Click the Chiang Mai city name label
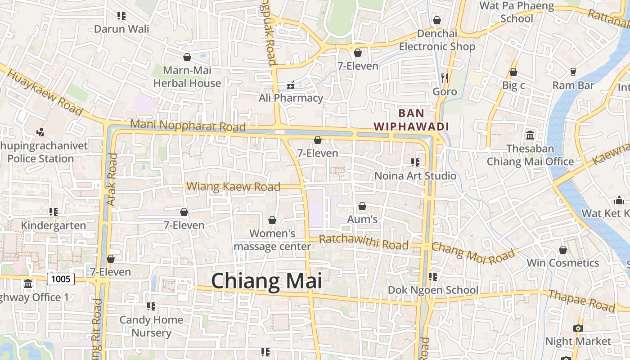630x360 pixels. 266,281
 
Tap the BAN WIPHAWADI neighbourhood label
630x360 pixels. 411,120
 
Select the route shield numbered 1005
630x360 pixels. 61,279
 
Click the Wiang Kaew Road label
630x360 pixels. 233,186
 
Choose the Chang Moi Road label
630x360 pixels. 473,255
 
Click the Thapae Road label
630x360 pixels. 581,301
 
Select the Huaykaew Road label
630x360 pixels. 45,92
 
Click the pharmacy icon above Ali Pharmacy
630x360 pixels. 291,85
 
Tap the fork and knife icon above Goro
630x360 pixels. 445,78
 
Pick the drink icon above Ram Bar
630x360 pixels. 573,72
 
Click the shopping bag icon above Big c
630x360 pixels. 513,72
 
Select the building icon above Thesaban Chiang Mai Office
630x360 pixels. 530,135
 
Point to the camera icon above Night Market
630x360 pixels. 578,328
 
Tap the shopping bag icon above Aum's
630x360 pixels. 362,206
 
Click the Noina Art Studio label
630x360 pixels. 415,175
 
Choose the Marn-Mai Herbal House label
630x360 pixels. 187,76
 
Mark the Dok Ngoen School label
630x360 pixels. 433,290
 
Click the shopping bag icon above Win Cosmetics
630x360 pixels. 563,250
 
